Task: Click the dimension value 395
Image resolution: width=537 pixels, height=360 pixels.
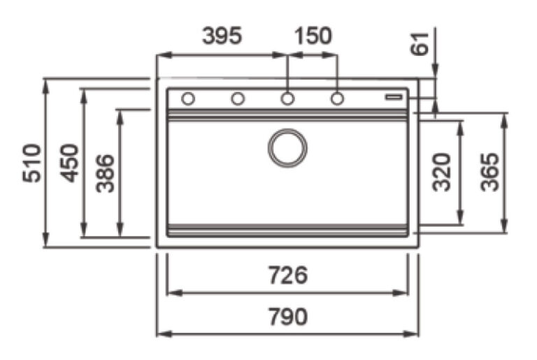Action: pos(222,36)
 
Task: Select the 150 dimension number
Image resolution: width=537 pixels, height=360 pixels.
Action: pos(312,36)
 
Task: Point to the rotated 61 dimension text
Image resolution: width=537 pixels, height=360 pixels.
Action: pos(419,46)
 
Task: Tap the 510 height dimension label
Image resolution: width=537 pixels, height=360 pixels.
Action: pos(32,163)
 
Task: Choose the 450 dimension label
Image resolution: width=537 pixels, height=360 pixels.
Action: pos(69,163)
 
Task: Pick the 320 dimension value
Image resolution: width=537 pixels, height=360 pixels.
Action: pos(443,172)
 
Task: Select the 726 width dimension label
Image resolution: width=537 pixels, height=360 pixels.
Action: pos(288,275)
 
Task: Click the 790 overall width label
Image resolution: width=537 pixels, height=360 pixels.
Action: pos(288,317)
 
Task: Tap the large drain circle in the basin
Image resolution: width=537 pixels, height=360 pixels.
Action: pos(287,147)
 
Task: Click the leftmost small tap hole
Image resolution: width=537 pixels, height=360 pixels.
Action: pos(187,99)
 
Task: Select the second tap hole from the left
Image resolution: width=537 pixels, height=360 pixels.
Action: pos(238,99)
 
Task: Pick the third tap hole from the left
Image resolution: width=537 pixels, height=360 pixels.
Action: pos(287,99)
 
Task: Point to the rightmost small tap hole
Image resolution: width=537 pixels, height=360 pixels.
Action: pos(337,99)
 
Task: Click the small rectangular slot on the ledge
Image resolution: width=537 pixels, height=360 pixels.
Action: pos(395,97)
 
